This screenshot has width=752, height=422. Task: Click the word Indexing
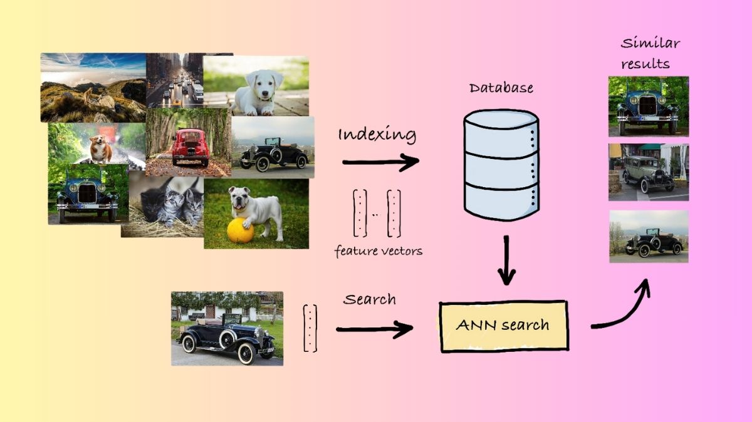click(x=377, y=135)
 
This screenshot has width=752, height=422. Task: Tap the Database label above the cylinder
click(x=501, y=88)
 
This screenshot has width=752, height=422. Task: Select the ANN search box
click(x=504, y=326)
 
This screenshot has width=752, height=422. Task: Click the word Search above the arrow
click(x=369, y=299)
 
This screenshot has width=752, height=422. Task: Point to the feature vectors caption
click(x=378, y=251)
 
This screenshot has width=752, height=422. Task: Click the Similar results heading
click(x=649, y=53)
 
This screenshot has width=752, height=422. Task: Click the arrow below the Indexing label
click(x=380, y=163)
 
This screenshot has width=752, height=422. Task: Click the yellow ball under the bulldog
click(x=240, y=231)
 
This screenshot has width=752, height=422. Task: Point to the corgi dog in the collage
click(x=100, y=149)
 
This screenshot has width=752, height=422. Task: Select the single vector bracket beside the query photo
click(x=310, y=328)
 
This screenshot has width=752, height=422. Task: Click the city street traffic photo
click(x=176, y=80)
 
